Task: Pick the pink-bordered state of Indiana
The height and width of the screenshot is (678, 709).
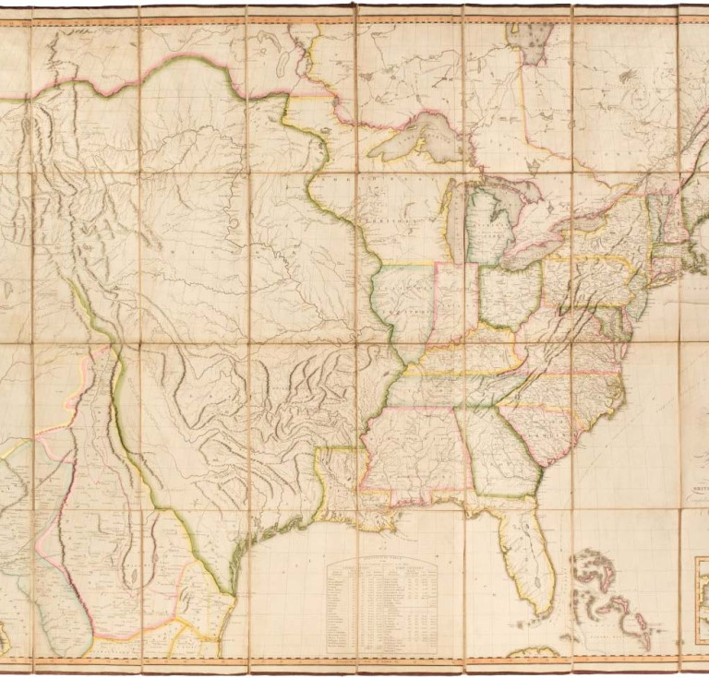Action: click(456, 300)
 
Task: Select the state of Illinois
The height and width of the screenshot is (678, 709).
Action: click(406, 304)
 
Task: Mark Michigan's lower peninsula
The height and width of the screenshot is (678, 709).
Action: click(489, 226)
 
